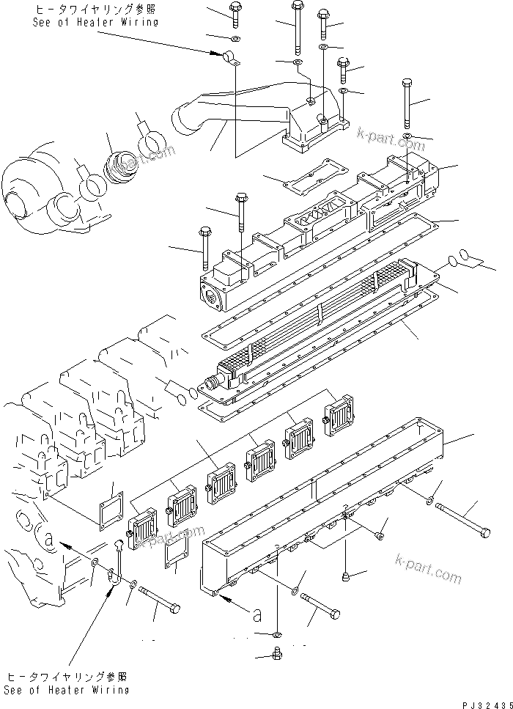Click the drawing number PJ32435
coord(485,702)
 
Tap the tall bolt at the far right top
coord(409,102)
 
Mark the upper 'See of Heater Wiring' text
coord(95,17)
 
